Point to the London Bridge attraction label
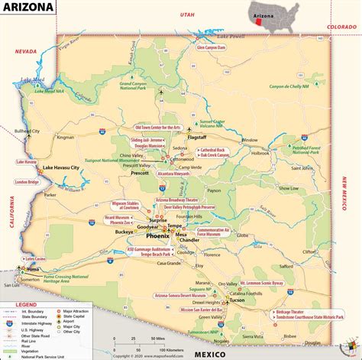click(x=27, y=182)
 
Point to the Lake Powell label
click(x=232, y=37)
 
